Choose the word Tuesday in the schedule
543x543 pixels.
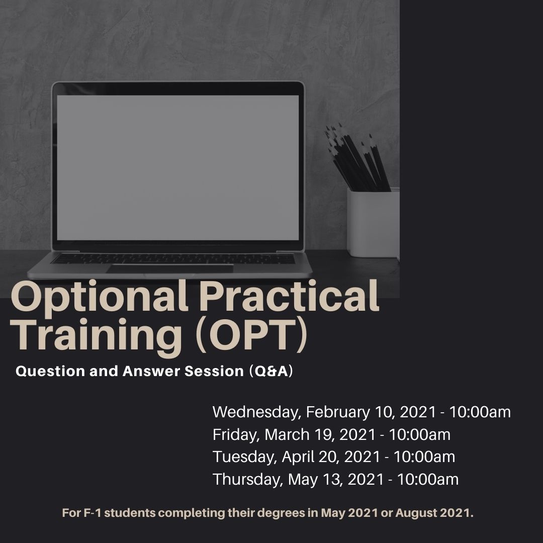(244, 457)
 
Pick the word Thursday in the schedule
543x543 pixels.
(247, 479)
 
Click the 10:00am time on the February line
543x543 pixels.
(480, 412)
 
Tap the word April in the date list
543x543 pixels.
(297, 457)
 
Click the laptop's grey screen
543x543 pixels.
(178, 167)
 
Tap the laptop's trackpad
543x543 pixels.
(170, 268)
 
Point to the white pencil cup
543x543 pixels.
(373, 223)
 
